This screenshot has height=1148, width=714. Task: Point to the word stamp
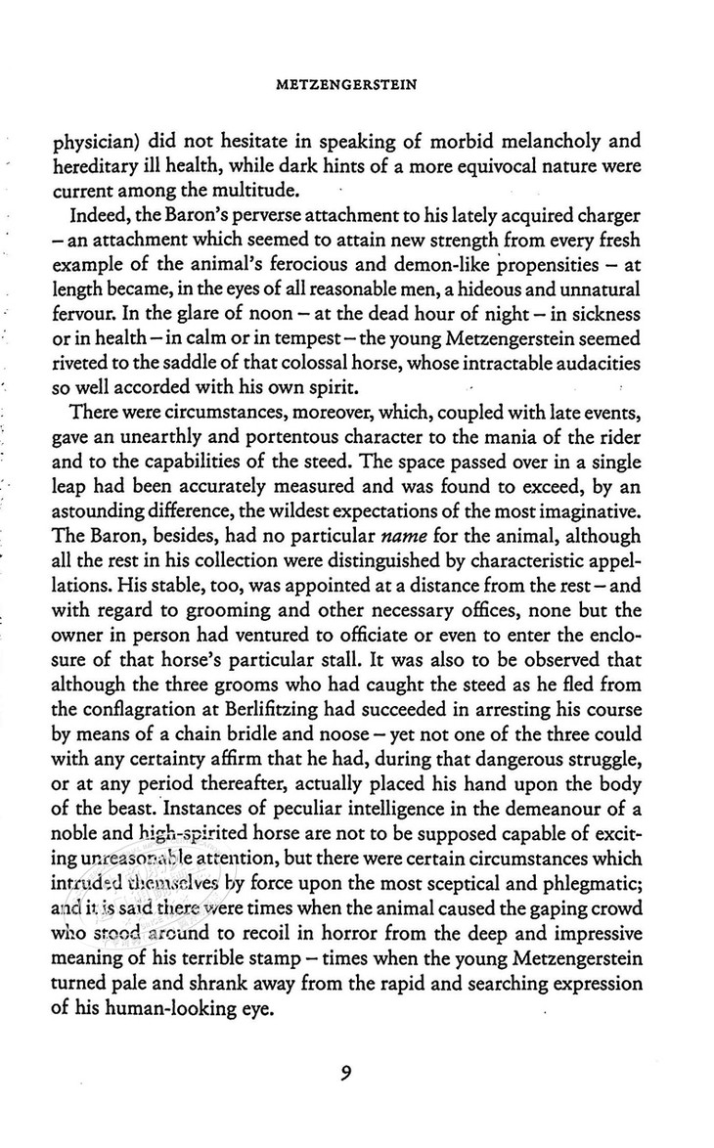(301, 951)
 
